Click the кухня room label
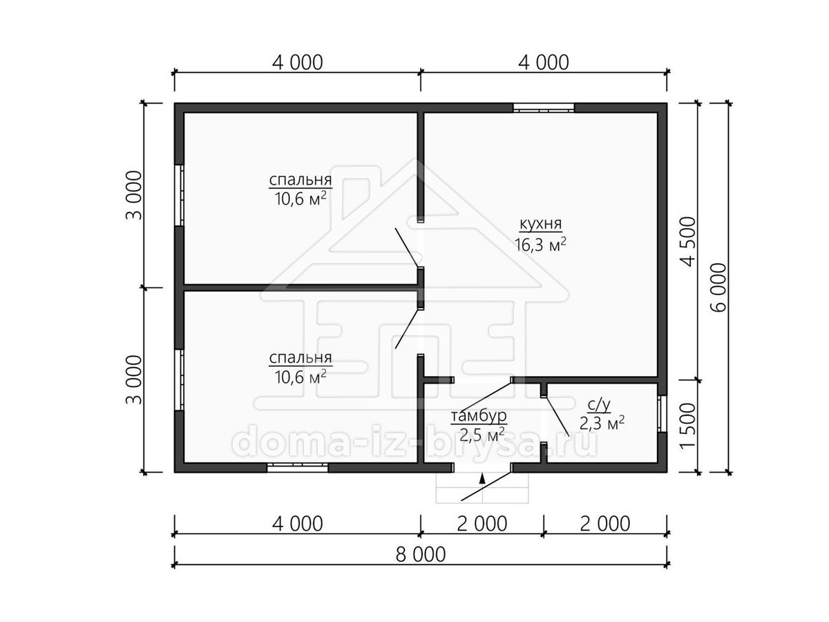click(x=541, y=225)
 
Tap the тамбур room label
click(x=479, y=416)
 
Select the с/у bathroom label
click(x=599, y=405)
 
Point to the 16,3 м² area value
click(x=541, y=245)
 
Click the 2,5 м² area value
click(x=482, y=435)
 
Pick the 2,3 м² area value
click(x=602, y=424)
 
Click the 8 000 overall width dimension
click(x=421, y=555)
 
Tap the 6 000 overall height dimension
click(x=718, y=287)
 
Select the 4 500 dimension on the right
click(x=687, y=242)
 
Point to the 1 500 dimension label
click(x=687, y=426)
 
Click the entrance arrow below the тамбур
click(x=482, y=478)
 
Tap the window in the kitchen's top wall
click(x=544, y=108)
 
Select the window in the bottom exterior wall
click(x=297, y=468)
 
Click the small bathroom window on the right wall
click(x=662, y=413)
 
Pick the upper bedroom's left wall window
click(x=180, y=195)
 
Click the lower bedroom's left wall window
click(x=180, y=379)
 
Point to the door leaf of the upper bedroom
click(x=407, y=247)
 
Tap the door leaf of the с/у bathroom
click(x=556, y=417)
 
